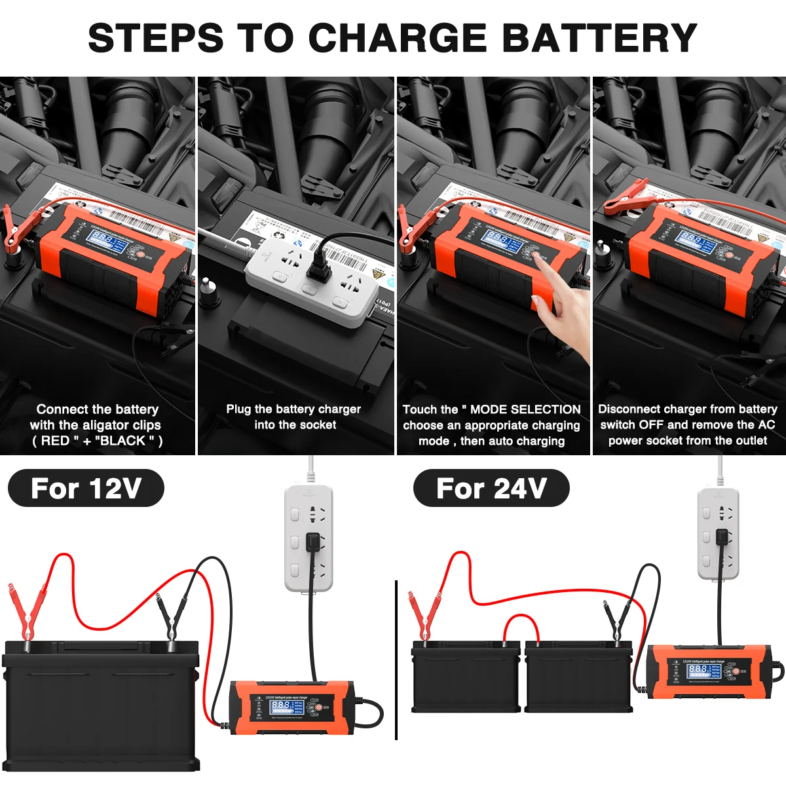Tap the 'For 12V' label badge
86,489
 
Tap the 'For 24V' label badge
491,489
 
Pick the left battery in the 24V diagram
466,678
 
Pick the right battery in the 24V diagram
578,678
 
